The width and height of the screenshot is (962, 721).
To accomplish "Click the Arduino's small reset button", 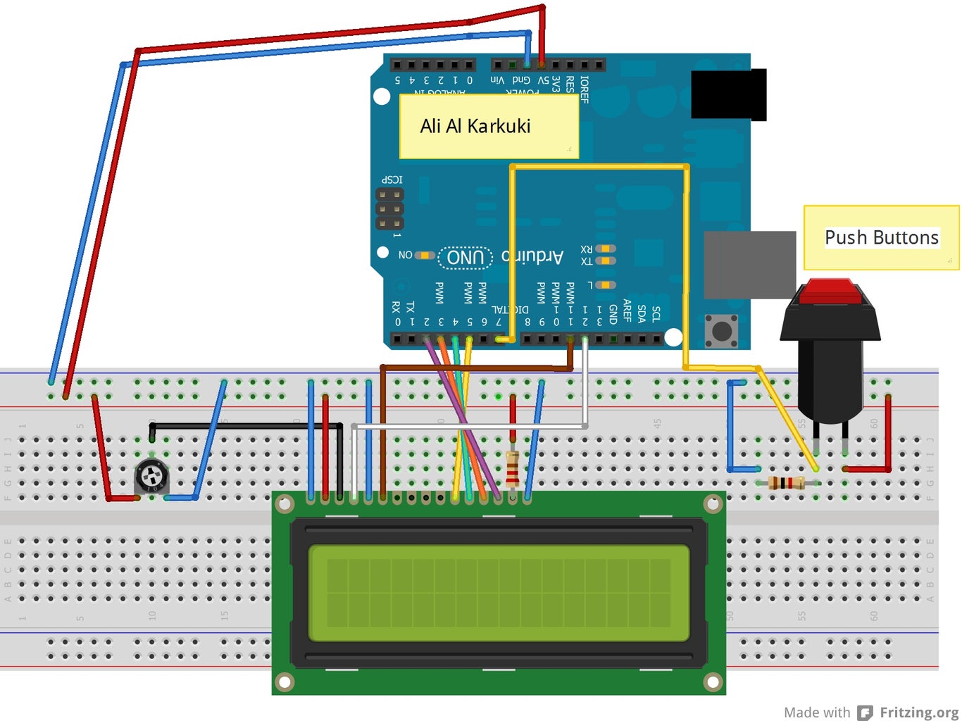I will (721, 330).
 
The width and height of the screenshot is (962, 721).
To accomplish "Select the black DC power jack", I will (728, 94).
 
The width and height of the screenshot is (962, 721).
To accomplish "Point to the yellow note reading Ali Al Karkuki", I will (489, 126).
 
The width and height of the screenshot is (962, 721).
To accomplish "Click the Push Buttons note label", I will (881, 238).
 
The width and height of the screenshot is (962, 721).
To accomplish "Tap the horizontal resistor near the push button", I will (787, 483).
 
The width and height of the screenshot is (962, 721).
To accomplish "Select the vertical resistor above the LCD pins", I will (513, 469).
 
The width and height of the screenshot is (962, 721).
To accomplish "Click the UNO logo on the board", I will (466, 258).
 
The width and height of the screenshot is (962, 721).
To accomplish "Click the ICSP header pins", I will (389, 209).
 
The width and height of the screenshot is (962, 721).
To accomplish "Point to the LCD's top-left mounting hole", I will (285, 504).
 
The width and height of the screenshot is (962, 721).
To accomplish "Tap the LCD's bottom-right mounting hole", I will (713, 682).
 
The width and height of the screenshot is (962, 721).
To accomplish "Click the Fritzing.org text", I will (918, 713).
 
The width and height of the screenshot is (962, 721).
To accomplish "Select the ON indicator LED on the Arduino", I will (425, 255).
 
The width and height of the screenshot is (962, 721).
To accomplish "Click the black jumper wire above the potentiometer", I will (246, 425).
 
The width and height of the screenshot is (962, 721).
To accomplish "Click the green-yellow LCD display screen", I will (499, 593).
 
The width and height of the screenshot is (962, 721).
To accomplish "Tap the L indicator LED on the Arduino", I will (605, 285).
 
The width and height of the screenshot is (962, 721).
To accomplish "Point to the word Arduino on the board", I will (532, 256).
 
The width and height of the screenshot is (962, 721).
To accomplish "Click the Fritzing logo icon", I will (865, 713).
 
